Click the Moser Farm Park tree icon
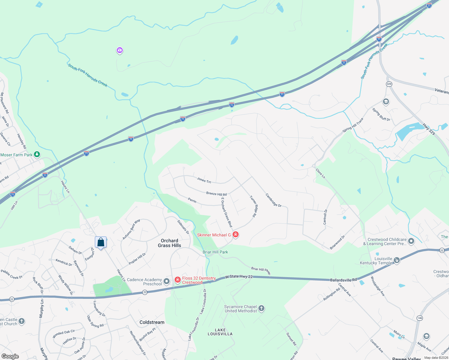(x=37, y=154)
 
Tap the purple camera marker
(x=120, y=50)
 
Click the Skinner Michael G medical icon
(x=236, y=235)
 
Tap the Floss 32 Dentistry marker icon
(x=178, y=280)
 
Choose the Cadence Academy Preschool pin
(x=167, y=281)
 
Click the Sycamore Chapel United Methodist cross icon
(x=261, y=308)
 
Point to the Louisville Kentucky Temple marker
(x=397, y=260)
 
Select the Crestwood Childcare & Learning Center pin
(x=411, y=241)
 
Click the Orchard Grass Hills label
(x=170, y=243)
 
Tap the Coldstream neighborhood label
(x=152, y=322)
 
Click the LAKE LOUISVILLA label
(x=220, y=332)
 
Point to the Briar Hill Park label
(x=215, y=252)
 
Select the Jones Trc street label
(x=204, y=180)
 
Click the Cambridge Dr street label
(x=273, y=200)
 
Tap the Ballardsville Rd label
(x=343, y=280)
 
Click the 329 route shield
(x=389, y=84)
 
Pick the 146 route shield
(x=420, y=318)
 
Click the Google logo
(x=10, y=356)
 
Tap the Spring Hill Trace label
(x=353, y=125)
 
